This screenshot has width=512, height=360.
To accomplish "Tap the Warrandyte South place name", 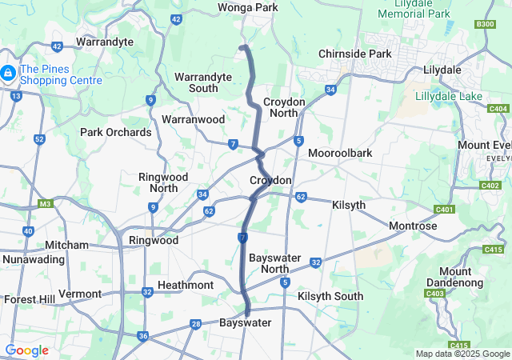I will point(203,83).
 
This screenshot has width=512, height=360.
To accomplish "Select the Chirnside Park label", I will point(354,54).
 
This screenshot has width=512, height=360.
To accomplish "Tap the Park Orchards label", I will point(115,132).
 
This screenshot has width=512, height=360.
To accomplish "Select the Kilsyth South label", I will point(330,296).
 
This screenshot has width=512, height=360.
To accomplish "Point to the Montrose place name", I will point(413,226).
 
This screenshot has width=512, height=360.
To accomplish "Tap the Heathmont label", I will point(186,286).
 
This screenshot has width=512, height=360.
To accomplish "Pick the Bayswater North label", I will point(279,263).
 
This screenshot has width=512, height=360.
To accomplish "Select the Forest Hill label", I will point(28,299).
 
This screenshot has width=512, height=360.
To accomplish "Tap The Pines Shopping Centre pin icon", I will point(8,74).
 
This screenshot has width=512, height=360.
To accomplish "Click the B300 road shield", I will point(485,25).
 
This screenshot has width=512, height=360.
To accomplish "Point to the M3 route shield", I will point(45,203).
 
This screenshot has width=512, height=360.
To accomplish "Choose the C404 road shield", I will point(498,109).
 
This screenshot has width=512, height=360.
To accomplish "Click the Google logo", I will point(26,350).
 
